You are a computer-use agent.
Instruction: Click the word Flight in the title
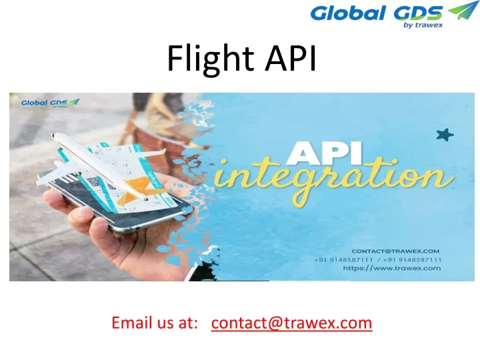tap(211, 59)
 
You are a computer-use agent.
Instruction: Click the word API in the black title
tap(291, 58)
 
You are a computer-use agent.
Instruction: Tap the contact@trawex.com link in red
tap(291, 323)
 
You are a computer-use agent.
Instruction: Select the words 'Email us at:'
tap(155, 323)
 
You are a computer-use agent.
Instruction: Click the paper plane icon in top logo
tap(463, 10)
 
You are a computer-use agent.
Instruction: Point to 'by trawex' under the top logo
tap(423, 25)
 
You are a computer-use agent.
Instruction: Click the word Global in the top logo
tap(347, 13)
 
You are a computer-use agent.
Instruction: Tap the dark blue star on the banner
tap(445, 135)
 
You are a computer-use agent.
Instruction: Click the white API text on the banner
tap(324, 153)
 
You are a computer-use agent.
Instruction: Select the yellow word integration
tap(334, 179)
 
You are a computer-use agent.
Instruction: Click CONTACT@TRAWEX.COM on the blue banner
tap(395, 251)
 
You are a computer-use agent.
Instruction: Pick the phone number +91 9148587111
tap(343, 260)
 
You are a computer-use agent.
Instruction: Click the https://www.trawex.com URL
tap(392, 268)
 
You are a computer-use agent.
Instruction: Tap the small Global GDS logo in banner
tap(51, 103)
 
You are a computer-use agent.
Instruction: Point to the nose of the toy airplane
tap(54, 135)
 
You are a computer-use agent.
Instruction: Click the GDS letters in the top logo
tap(418, 13)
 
